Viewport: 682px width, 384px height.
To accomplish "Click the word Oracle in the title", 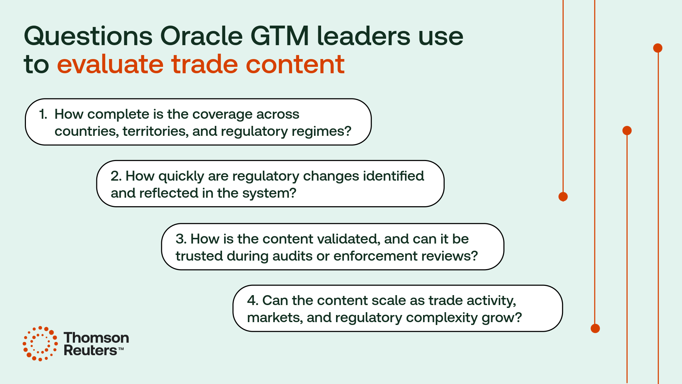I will pyautogui.click(x=201, y=36).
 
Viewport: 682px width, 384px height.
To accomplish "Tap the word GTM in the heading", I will pyautogui.click(x=280, y=36).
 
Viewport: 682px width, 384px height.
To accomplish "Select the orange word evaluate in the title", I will pyautogui.click(x=110, y=64).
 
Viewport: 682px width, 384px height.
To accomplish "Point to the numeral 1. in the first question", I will pyautogui.click(x=43, y=114).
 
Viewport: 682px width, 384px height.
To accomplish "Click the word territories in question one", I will pyautogui.click(x=155, y=131).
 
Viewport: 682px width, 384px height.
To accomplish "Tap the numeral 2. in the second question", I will pyautogui.click(x=116, y=176).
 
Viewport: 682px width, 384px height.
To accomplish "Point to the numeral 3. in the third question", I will pyautogui.click(x=181, y=239).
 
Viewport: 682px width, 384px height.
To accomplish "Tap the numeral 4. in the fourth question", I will pyautogui.click(x=253, y=300).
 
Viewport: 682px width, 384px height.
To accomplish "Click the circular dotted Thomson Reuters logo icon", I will pyautogui.click(x=40, y=343).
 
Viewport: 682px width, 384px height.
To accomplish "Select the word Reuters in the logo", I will pyautogui.click(x=90, y=351).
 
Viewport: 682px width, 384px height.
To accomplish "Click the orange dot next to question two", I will pyautogui.click(x=563, y=197).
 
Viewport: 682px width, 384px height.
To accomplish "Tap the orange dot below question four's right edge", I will pyautogui.click(x=595, y=328).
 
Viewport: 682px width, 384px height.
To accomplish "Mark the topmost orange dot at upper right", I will pyautogui.click(x=658, y=48).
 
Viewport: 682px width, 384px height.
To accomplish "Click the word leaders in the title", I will pyautogui.click(x=363, y=36).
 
